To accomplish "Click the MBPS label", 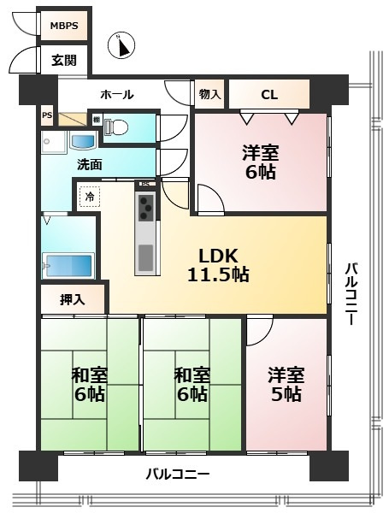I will pos(63,27).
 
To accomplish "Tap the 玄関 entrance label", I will pos(63,60).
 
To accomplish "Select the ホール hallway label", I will pos(116,94).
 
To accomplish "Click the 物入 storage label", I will pos(209,94).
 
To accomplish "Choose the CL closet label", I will pos(268,94).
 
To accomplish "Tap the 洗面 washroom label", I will pos(90,164).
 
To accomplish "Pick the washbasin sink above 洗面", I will pos(82,141).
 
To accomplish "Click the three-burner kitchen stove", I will pos(146,206).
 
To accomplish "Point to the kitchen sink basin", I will pos(146,255).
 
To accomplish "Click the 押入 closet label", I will pos(73,300).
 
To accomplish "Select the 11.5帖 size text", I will pos(219,275).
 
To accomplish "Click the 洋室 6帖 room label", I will pos(259,162).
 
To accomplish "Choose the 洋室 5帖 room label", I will pos(285,384).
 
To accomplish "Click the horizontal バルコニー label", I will pos(176,473).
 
